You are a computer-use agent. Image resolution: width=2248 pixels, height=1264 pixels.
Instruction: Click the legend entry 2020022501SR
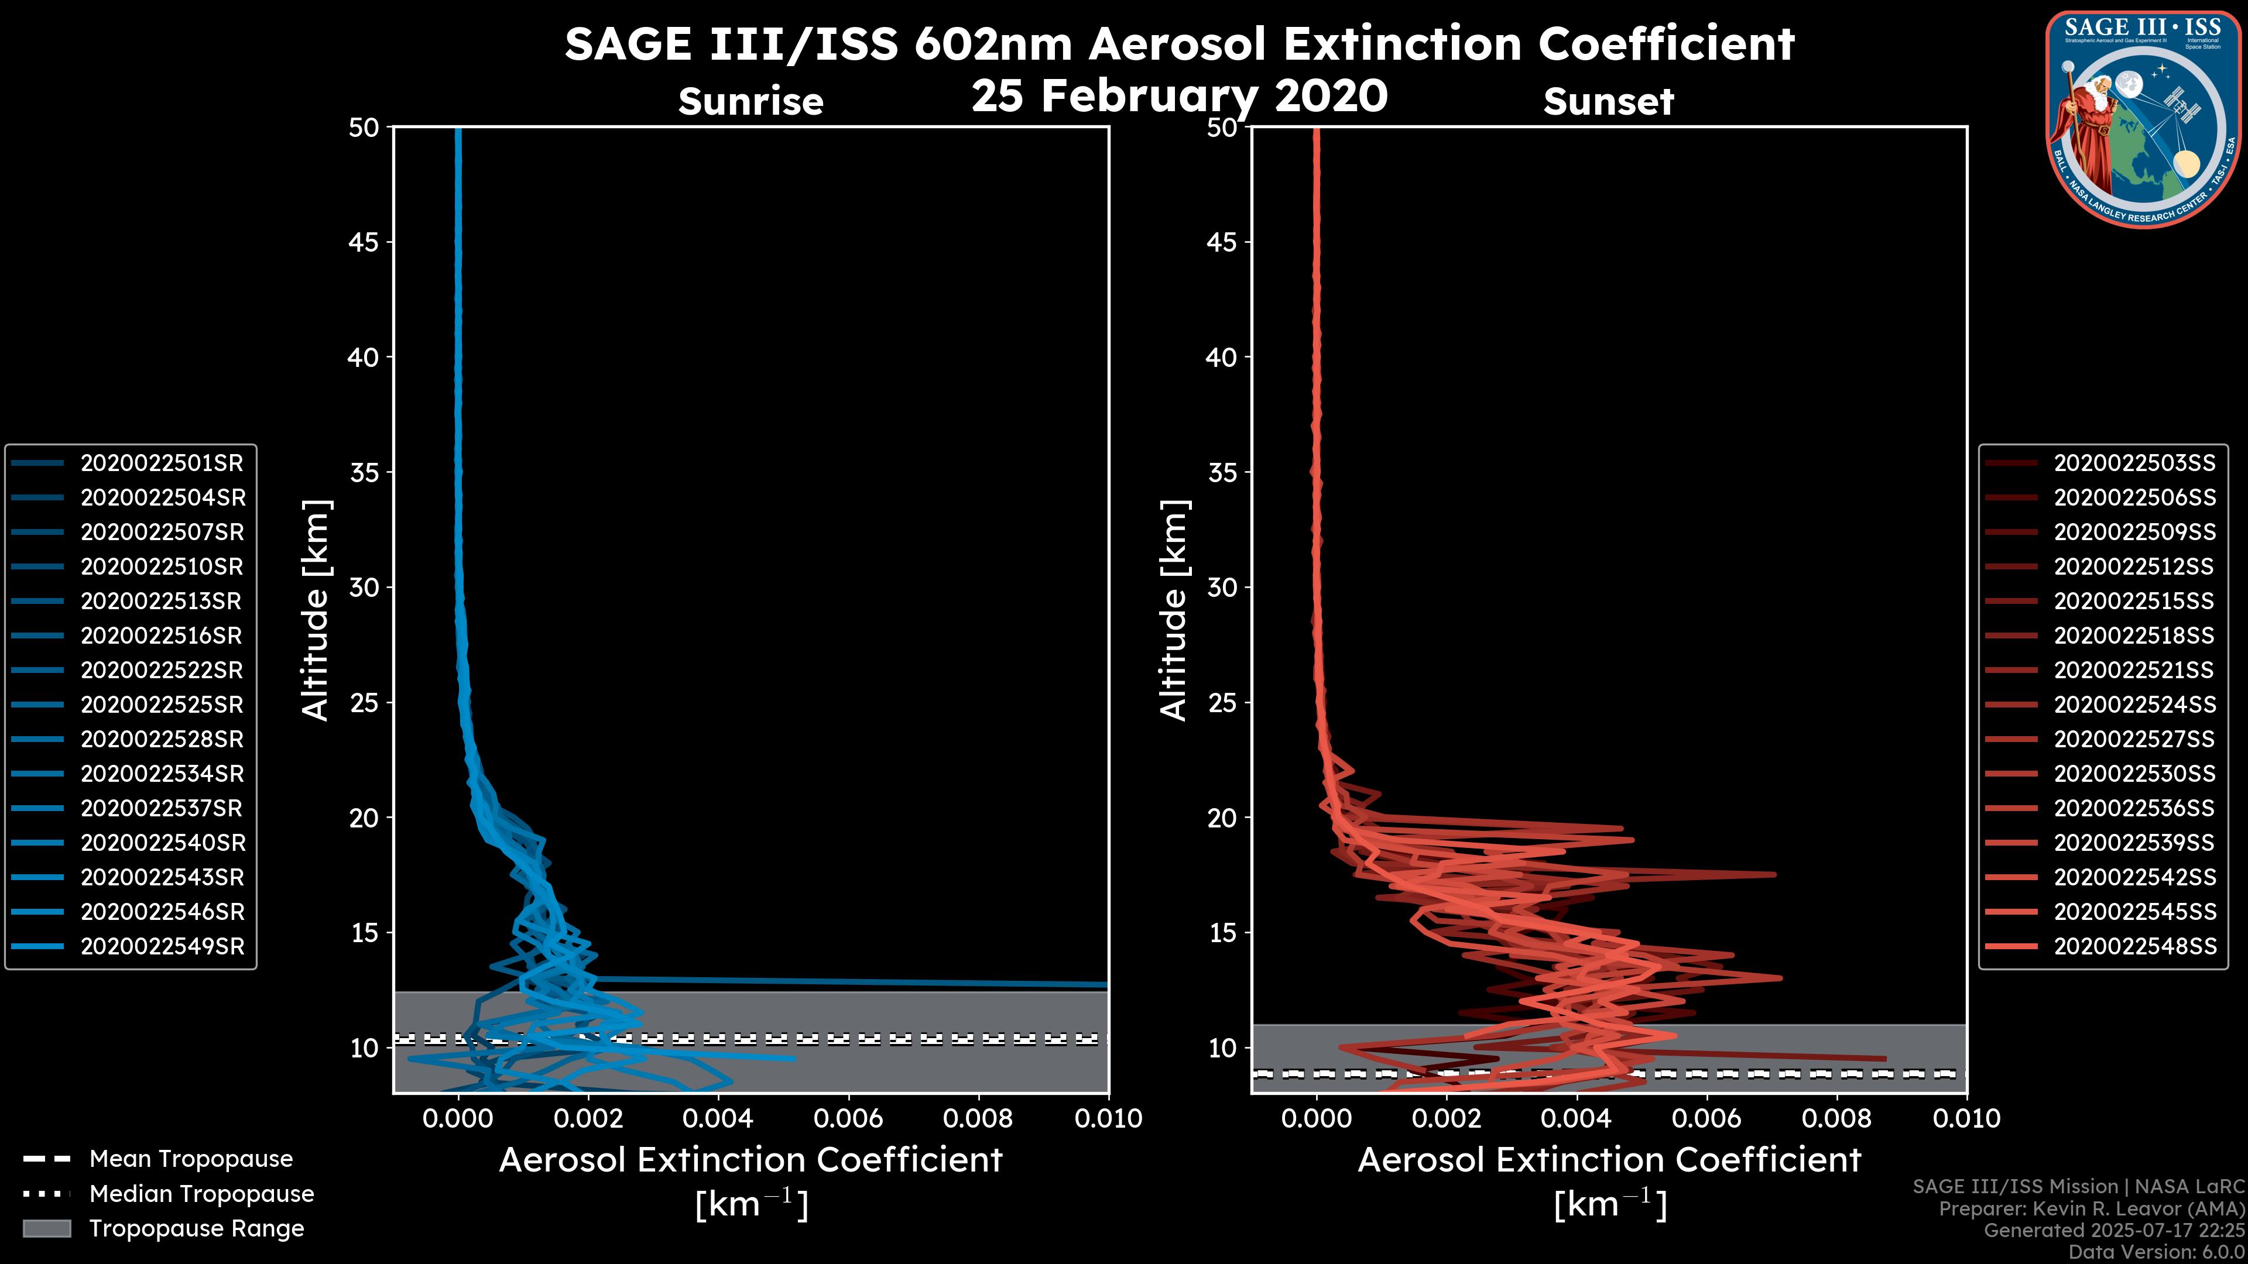coord(162,463)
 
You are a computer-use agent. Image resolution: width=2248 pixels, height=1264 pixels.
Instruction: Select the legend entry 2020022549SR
coord(162,946)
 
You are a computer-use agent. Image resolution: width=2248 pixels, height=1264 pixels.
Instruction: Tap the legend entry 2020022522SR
coord(162,670)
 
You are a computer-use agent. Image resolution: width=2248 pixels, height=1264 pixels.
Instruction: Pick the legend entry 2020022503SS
coord(2134,463)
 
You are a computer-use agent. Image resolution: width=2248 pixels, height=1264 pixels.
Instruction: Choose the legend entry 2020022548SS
coord(2134,946)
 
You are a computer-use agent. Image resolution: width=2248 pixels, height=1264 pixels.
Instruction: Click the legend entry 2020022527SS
coord(2134,739)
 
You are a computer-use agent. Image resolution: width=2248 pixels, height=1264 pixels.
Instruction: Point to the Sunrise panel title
coord(751,101)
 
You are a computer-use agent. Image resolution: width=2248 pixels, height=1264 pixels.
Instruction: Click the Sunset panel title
coord(1608,101)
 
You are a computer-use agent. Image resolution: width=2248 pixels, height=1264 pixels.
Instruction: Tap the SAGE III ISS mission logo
coord(2143,118)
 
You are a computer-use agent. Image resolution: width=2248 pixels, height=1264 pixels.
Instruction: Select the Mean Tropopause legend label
coord(191,1159)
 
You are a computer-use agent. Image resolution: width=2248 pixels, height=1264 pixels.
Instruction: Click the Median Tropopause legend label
coord(201,1193)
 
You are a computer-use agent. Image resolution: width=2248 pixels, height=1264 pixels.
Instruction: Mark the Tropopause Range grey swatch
coord(47,1228)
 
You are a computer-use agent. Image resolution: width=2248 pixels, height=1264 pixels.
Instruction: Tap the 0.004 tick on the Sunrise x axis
coord(718,1118)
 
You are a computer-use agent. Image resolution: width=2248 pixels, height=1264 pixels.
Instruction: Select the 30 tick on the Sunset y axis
coord(1222,587)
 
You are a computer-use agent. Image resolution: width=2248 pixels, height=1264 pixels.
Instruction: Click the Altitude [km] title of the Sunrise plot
coord(316,610)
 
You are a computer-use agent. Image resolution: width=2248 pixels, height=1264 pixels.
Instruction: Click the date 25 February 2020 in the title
coord(1179,95)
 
